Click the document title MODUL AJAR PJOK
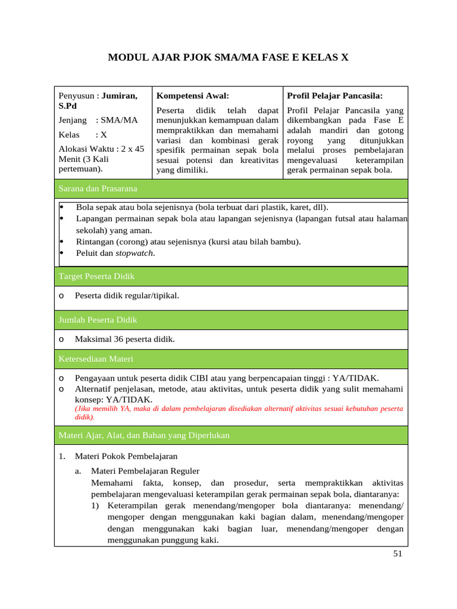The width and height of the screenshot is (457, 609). click(x=228, y=58)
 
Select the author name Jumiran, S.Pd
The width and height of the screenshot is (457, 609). click(x=119, y=96)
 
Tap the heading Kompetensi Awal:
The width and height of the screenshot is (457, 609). click(x=192, y=96)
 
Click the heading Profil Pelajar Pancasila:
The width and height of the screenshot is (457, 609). click(x=334, y=96)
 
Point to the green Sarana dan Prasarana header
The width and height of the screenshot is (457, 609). click(x=98, y=189)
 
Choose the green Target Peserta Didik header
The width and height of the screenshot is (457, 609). click(x=96, y=276)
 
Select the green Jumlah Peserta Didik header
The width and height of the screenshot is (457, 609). click(x=98, y=320)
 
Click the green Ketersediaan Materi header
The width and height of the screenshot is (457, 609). click(x=96, y=359)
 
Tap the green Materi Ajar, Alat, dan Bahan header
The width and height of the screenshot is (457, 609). click(x=144, y=436)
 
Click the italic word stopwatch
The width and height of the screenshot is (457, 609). click(x=134, y=253)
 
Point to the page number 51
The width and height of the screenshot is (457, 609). click(x=398, y=554)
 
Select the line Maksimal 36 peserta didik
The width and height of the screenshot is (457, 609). click(x=124, y=340)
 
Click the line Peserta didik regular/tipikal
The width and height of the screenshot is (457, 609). click(x=126, y=296)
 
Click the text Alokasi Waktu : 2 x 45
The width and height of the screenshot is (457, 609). click(x=101, y=149)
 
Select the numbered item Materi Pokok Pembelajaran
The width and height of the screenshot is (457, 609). click(x=126, y=456)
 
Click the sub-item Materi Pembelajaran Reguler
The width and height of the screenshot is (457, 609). click(x=145, y=471)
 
